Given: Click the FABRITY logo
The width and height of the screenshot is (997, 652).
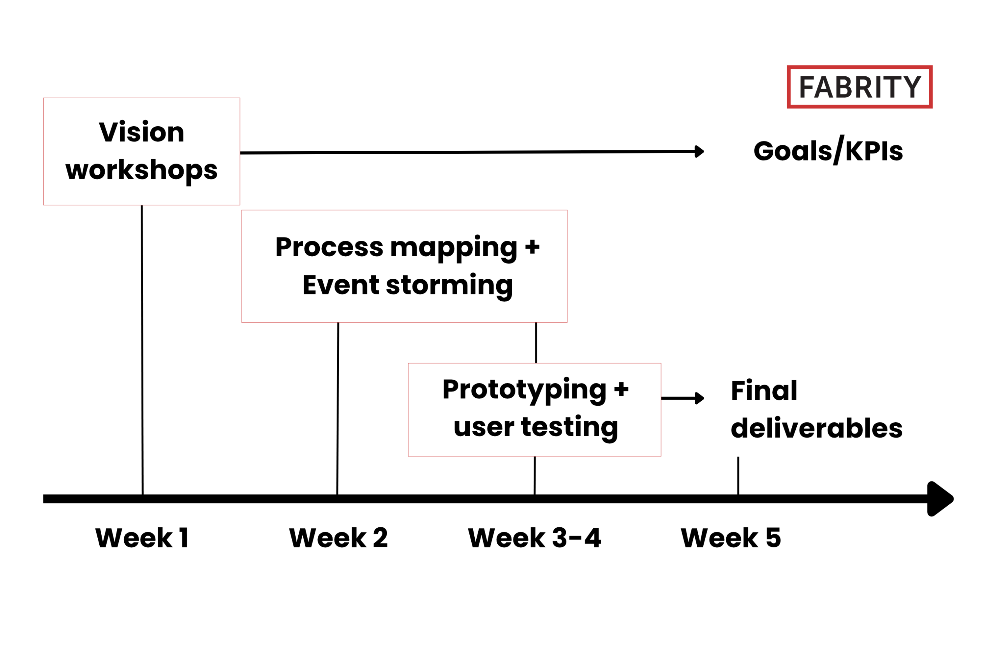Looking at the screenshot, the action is tap(860, 87).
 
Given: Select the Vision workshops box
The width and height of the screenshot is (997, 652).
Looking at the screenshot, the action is tap(142, 151).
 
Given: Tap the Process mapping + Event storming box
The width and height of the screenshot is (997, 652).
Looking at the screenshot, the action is tap(404, 266).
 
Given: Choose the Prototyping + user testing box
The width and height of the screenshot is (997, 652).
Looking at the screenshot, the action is tap(535, 410).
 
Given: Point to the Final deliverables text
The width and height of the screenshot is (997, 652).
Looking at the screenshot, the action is tap(816, 409).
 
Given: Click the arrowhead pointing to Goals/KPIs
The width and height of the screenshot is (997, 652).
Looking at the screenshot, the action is tap(699, 152).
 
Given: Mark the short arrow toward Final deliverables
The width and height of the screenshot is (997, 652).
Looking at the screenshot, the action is tap(683, 398).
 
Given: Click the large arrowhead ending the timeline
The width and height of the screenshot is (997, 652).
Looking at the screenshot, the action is tap(941, 499).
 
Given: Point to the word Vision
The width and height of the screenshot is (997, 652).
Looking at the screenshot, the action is tap(142, 132).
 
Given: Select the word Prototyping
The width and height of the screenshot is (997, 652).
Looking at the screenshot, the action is tap(524, 391).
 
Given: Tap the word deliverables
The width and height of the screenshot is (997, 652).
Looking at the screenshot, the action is tap(816, 428).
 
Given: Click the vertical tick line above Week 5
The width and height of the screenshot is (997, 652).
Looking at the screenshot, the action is tap(738, 476).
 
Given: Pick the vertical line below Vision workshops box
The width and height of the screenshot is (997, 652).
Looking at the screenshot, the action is tap(142, 350).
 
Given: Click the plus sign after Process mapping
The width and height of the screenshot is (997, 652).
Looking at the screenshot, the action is tap(532, 247).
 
